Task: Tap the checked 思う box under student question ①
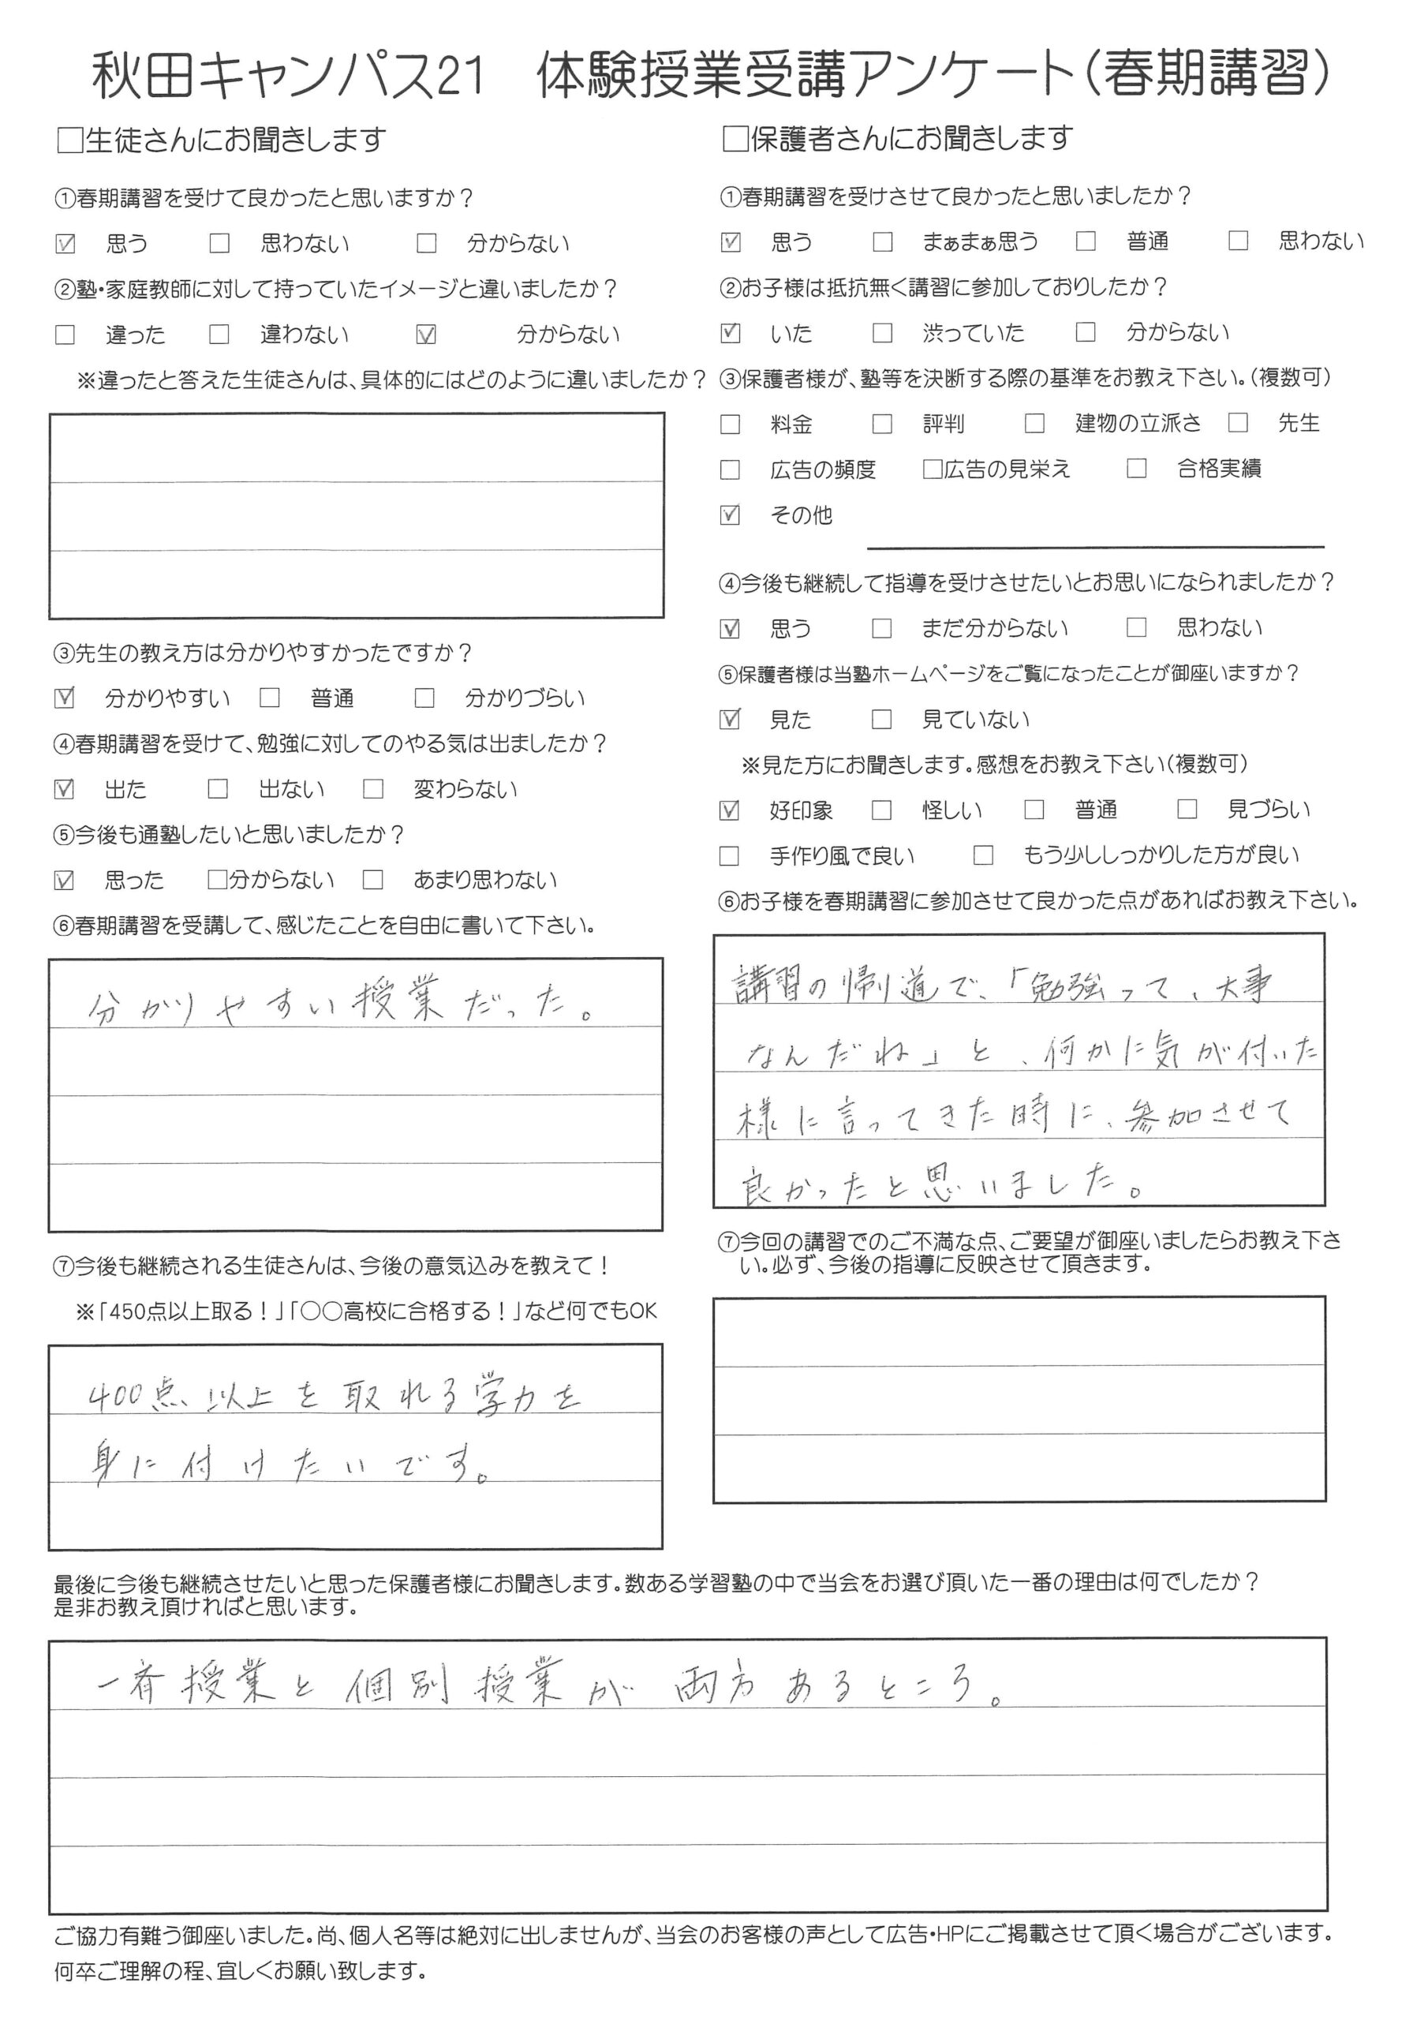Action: (65, 244)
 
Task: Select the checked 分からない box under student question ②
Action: (426, 335)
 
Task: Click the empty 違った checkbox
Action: (65, 335)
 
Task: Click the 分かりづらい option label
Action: (525, 698)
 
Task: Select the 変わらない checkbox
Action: (373, 789)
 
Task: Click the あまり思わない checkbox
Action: (373, 880)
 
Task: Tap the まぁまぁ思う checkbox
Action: (883, 241)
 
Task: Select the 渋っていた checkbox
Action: (883, 332)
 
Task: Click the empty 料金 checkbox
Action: (731, 424)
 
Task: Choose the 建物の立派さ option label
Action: (1138, 423)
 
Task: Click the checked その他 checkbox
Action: (731, 514)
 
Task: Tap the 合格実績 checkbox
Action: (1137, 469)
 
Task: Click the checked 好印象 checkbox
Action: (731, 810)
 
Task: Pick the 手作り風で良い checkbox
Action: (731, 855)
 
